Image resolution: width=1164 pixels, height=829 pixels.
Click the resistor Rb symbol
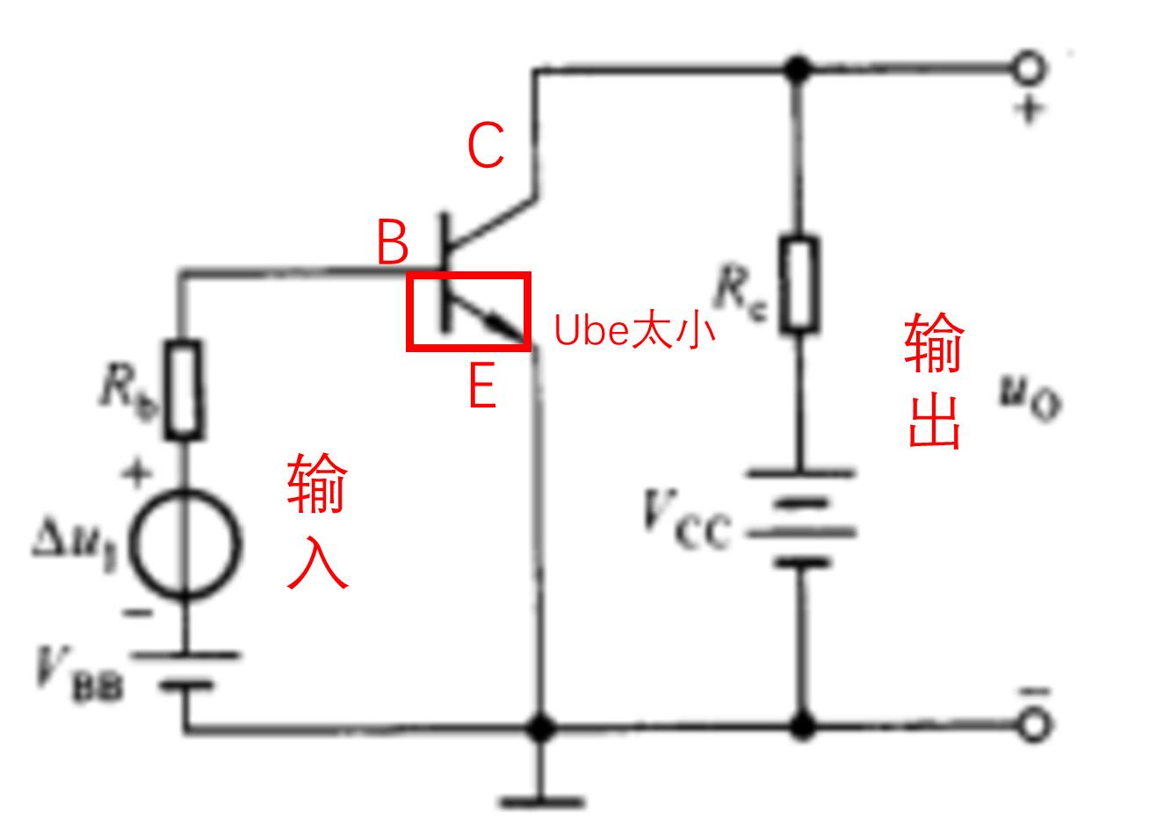pyautogui.click(x=184, y=389)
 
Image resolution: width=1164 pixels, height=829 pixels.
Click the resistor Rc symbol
pyautogui.click(x=799, y=284)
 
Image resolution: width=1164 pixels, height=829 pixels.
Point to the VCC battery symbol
pyautogui.click(x=800, y=518)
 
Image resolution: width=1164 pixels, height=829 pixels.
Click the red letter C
pyautogui.click(x=486, y=146)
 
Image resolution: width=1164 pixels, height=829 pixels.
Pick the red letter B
pyautogui.click(x=393, y=242)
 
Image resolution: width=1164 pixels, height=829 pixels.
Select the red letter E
pyautogui.click(x=482, y=386)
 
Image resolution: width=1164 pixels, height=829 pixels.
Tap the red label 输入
pyautogui.click(x=317, y=521)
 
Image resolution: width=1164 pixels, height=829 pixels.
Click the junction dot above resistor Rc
pyautogui.click(x=799, y=68)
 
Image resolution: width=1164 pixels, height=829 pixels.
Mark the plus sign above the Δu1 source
pyautogui.click(x=136, y=475)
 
